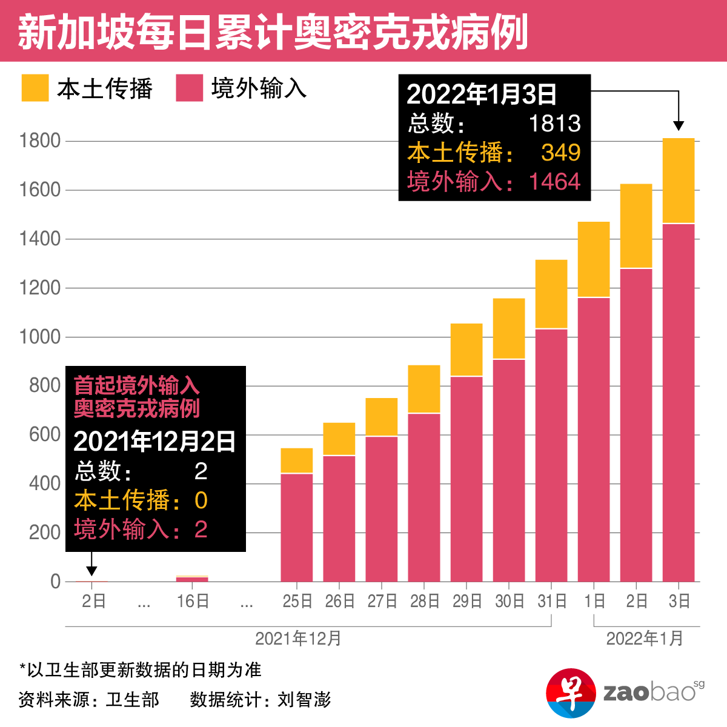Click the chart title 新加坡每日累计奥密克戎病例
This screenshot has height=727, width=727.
(x=273, y=32)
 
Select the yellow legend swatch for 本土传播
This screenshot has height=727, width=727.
(x=35, y=88)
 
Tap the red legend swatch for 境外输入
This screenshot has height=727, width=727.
(x=189, y=88)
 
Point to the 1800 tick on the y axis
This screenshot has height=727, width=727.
(x=40, y=141)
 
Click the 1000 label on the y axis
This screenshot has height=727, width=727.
(x=40, y=337)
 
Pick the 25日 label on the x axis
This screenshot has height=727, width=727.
(x=297, y=601)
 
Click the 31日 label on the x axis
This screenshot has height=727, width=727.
(x=552, y=601)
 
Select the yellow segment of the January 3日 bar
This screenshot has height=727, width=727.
(x=679, y=181)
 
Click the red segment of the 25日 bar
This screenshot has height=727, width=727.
(x=297, y=527)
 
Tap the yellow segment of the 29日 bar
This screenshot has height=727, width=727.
(x=466, y=350)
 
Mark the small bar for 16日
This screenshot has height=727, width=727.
(x=192, y=579)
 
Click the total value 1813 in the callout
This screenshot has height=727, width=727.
(x=554, y=124)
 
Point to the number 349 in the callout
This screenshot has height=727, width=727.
(x=561, y=153)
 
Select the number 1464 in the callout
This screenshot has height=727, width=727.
(x=554, y=182)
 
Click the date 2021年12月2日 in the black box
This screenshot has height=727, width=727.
(x=154, y=442)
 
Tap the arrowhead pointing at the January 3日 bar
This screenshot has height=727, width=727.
(x=679, y=125)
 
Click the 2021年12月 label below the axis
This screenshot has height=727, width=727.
(x=298, y=639)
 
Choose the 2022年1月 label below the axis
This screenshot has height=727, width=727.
(x=645, y=639)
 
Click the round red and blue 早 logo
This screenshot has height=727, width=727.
(x=571, y=693)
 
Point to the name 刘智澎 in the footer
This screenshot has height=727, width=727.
(x=304, y=700)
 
